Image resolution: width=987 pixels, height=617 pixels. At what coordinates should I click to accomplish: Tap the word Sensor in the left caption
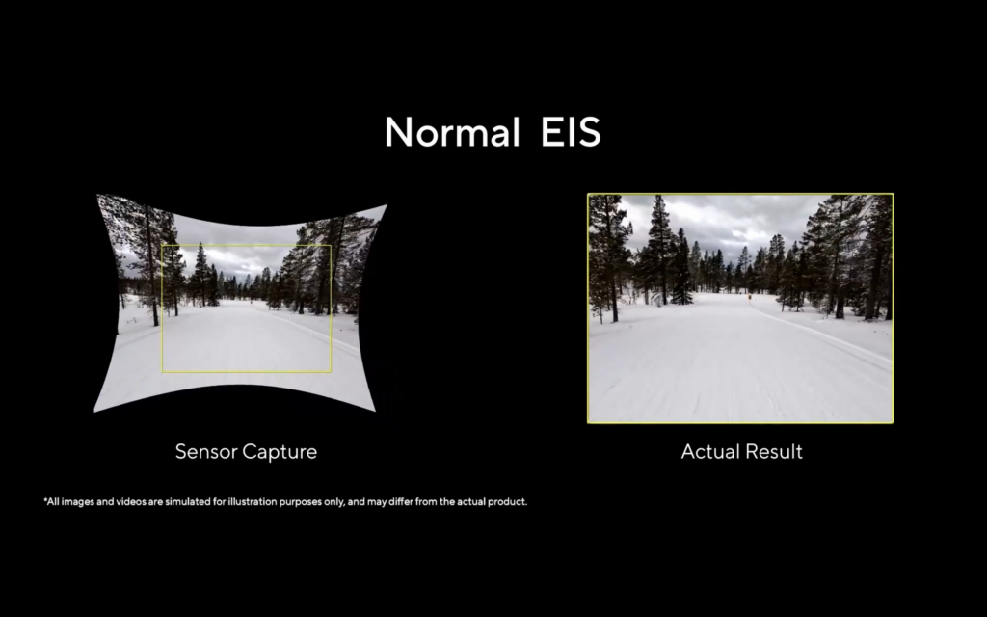[206, 451]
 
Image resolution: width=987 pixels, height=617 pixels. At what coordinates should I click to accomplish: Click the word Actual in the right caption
[709, 451]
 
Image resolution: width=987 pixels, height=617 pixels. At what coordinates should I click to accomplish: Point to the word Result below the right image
[773, 451]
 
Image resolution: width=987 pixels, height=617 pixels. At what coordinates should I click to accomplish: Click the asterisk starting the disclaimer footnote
[45, 500]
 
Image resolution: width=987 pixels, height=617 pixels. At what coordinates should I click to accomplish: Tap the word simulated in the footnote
[188, 501]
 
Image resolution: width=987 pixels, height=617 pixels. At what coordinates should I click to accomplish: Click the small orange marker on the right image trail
[750, 297]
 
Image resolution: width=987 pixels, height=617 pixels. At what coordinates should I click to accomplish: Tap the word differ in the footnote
[400, 501]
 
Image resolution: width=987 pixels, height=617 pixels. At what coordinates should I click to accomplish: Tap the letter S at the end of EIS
[590, 132]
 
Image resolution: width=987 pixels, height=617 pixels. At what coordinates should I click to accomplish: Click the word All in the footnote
[54, 501]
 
